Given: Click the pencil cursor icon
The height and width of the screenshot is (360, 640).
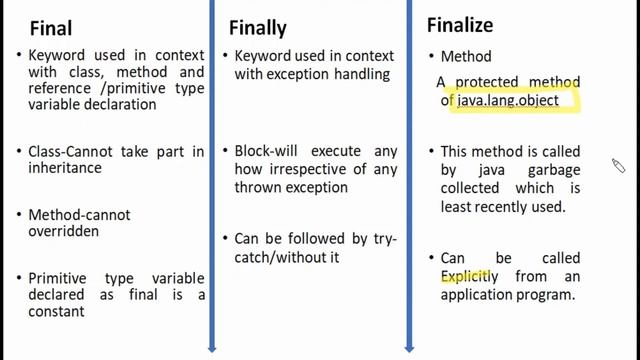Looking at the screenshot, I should pyautogui.click(x=619, y=166).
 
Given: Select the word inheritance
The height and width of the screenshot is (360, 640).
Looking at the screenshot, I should pyautogui.click(x=63, y=168).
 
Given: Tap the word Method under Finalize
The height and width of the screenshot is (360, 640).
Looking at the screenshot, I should pyautogui.click(x=466, y=58).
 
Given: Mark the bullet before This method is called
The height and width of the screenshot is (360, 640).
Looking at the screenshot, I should pyautogui.click(x=430, y=152).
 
